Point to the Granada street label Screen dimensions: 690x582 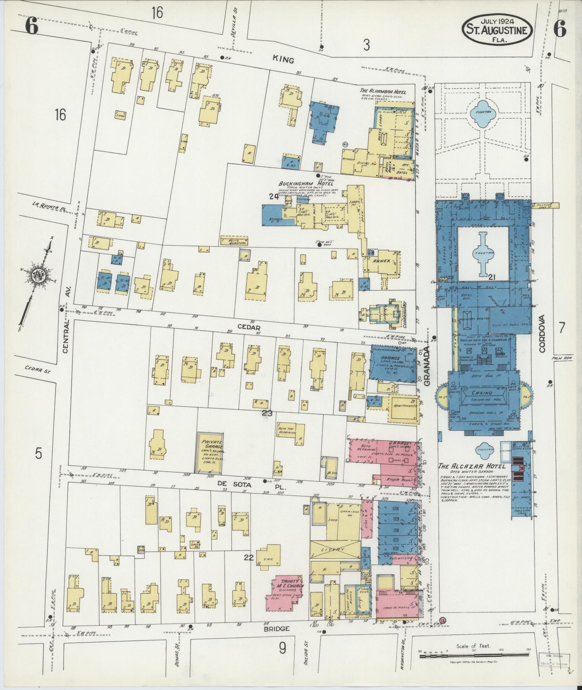point(428,366)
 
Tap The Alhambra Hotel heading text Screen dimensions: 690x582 point(383,92)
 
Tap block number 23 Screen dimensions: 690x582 point(267,413)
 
